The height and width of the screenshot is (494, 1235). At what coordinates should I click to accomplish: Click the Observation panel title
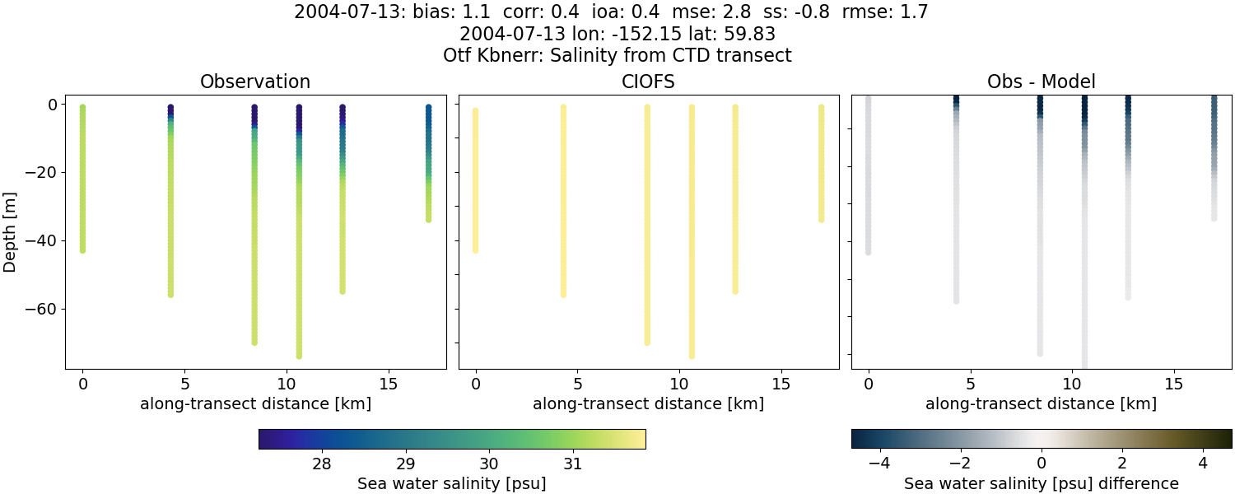coord(255,82)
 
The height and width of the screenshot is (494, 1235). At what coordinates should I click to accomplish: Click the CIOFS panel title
coord(649,82)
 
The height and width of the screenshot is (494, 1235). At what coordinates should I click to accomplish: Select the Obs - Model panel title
coord(1042,82)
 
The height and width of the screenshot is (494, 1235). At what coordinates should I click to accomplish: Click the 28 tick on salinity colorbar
coord(322,464)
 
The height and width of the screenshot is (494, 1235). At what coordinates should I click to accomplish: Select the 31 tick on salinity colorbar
coord(573,464)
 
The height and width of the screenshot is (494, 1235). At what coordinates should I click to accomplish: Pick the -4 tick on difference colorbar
coord(880,464)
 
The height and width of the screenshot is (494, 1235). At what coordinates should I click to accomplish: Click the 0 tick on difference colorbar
coord(1042,464)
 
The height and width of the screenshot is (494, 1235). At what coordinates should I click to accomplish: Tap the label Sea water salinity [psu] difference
coord(1042,483)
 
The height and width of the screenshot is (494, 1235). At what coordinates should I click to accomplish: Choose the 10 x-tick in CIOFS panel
coord(678,384)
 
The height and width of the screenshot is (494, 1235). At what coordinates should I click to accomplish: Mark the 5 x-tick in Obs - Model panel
coord(970,384)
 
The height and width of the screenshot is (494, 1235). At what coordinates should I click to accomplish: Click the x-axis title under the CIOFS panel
coord(649,403)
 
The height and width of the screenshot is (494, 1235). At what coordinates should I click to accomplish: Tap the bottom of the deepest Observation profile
coord(299,356)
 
